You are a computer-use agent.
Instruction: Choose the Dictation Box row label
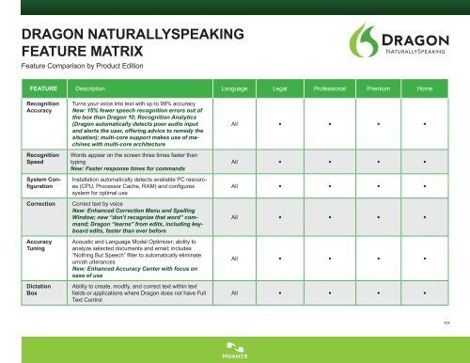[x=41, y=288]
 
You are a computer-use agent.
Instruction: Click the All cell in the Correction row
[x=233, y=218]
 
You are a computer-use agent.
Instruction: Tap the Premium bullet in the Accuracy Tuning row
[x=379, y=257]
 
